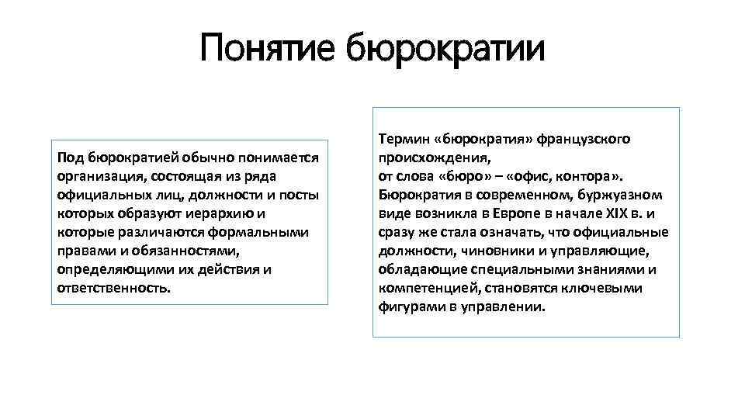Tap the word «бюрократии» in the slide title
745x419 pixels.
tap(445, 49)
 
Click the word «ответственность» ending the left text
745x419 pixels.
tap(112, 288)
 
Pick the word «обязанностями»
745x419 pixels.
tap(194, 251)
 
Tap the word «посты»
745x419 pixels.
tap(299, 195)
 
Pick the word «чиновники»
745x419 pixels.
tap(490, 251)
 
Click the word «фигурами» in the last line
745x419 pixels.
tap(409, 306)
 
